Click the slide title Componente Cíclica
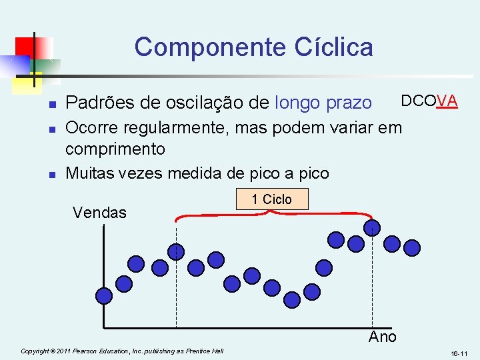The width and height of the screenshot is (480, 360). coord(253,47)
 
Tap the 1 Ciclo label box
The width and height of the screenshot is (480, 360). coord(271,199)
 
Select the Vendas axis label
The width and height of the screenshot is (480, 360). coord(99,213)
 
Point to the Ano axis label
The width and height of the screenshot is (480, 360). coord(382,337)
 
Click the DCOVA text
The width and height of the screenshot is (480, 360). coord(428,101)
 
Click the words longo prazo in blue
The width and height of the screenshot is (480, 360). coord(323,103)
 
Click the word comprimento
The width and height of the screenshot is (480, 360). coord(115,147)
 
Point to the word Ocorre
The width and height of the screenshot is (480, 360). coord(91,126)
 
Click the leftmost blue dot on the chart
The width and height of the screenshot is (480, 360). coord(104,295)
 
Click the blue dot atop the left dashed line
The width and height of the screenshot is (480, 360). coord(176,251)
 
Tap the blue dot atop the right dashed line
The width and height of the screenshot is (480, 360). coord(371,228)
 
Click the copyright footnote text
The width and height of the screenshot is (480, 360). coord(122,351)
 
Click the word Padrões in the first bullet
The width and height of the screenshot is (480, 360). coord(95,103)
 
